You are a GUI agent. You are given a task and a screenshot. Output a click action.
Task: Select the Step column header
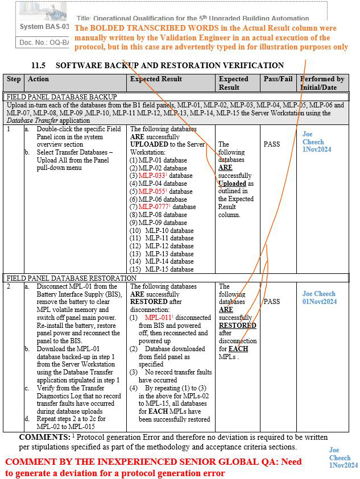14,80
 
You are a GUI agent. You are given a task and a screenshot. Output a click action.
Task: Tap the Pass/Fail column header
278,80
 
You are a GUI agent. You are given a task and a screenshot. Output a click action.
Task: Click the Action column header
39,80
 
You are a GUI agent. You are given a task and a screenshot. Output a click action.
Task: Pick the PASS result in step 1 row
272,144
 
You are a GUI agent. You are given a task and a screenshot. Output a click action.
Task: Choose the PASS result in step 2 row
272,302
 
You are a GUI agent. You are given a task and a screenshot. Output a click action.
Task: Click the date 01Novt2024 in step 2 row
320,302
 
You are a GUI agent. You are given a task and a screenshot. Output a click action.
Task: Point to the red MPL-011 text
159,318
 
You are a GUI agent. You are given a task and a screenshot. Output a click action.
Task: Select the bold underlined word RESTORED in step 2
238,326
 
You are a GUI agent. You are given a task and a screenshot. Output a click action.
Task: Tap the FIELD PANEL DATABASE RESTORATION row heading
71,278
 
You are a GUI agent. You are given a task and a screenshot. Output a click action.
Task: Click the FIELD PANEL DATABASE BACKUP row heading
62,97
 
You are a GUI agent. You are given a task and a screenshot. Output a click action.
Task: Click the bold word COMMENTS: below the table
44,438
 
